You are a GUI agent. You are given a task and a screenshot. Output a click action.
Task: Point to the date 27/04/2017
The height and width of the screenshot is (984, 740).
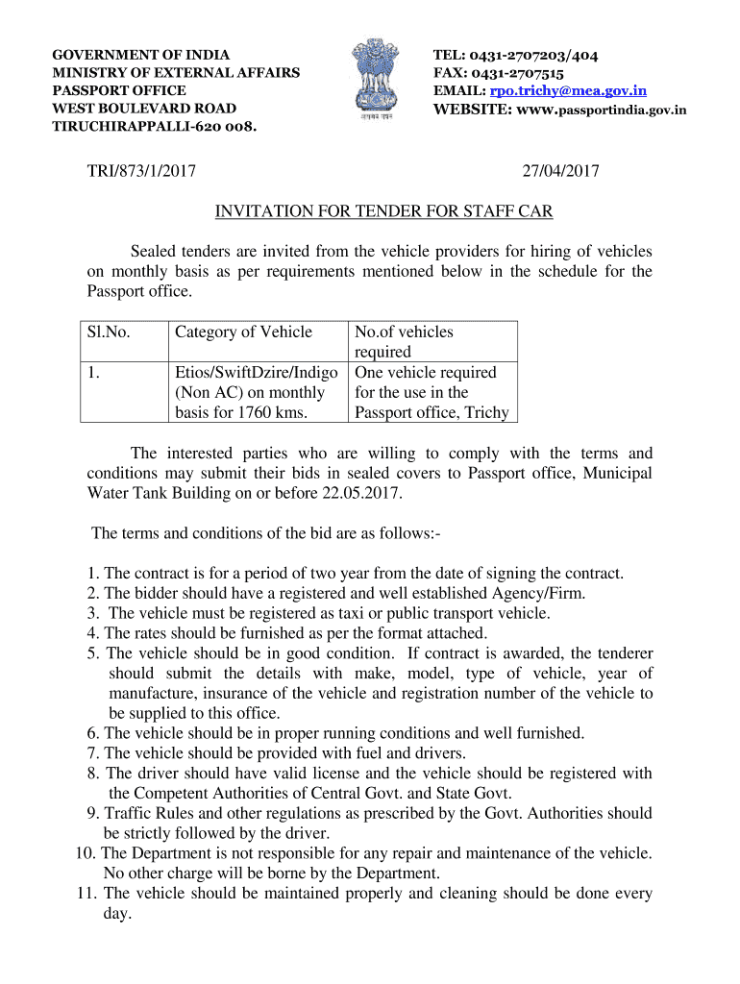561,172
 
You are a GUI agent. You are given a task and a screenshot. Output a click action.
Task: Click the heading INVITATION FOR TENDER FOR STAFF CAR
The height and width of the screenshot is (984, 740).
383,211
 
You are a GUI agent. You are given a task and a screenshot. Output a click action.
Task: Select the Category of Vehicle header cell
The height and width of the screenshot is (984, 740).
244,332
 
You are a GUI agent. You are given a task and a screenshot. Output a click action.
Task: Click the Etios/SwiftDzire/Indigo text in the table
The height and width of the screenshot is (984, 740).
256,373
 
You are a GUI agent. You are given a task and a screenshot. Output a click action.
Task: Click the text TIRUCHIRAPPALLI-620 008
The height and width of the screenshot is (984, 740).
155,126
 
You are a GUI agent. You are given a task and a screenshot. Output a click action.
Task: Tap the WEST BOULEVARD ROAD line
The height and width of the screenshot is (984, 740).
144,109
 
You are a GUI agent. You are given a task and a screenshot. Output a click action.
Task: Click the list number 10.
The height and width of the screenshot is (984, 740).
85,853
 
